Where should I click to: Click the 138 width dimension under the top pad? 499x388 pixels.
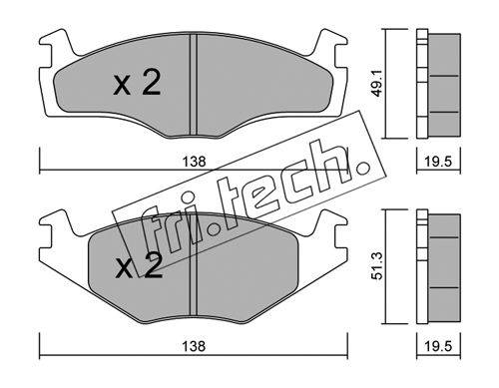194,162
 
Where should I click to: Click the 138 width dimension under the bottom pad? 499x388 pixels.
194,346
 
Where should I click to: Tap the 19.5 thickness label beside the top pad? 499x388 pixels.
438,162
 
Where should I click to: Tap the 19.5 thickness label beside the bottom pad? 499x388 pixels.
438,346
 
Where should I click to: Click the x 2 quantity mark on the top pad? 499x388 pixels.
137,83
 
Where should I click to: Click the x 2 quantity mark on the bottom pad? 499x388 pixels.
139,265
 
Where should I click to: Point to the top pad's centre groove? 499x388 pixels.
194,85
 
